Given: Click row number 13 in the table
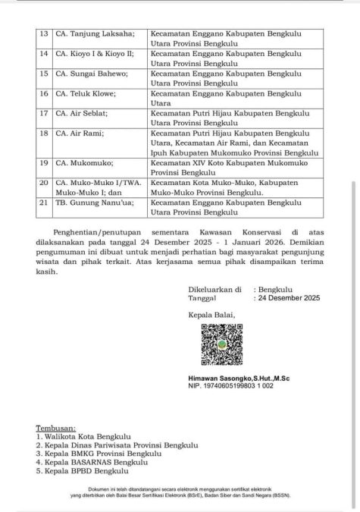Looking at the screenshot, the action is click(43, 33).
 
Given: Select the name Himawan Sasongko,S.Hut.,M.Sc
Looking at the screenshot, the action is click(235, 378).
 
